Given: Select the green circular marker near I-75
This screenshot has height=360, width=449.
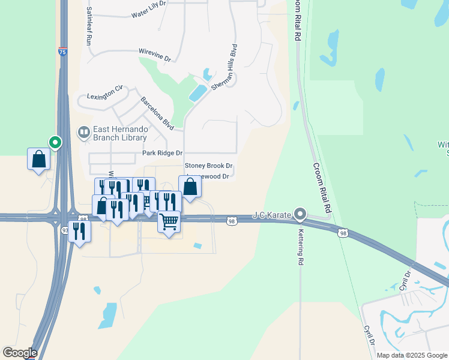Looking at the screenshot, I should click(55, 143).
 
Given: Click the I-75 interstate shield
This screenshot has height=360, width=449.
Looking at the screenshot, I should click(63, 52).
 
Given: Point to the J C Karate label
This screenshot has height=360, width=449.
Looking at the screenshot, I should click(272, 214).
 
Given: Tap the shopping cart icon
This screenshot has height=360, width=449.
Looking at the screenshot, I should click(169, 222).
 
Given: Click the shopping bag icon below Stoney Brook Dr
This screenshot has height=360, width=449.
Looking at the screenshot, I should click(190, 187).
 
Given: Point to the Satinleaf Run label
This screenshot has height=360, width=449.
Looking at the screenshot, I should click(88, 27).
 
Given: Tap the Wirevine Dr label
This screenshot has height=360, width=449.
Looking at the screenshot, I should click(155, 55).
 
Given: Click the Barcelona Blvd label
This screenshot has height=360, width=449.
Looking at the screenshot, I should click(157, 113).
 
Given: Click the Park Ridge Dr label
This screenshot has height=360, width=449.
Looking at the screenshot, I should click(162, 154).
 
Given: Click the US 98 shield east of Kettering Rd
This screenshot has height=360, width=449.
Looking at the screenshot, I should click(343, 233).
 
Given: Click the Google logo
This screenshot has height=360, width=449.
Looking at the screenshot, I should click(20, 353).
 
